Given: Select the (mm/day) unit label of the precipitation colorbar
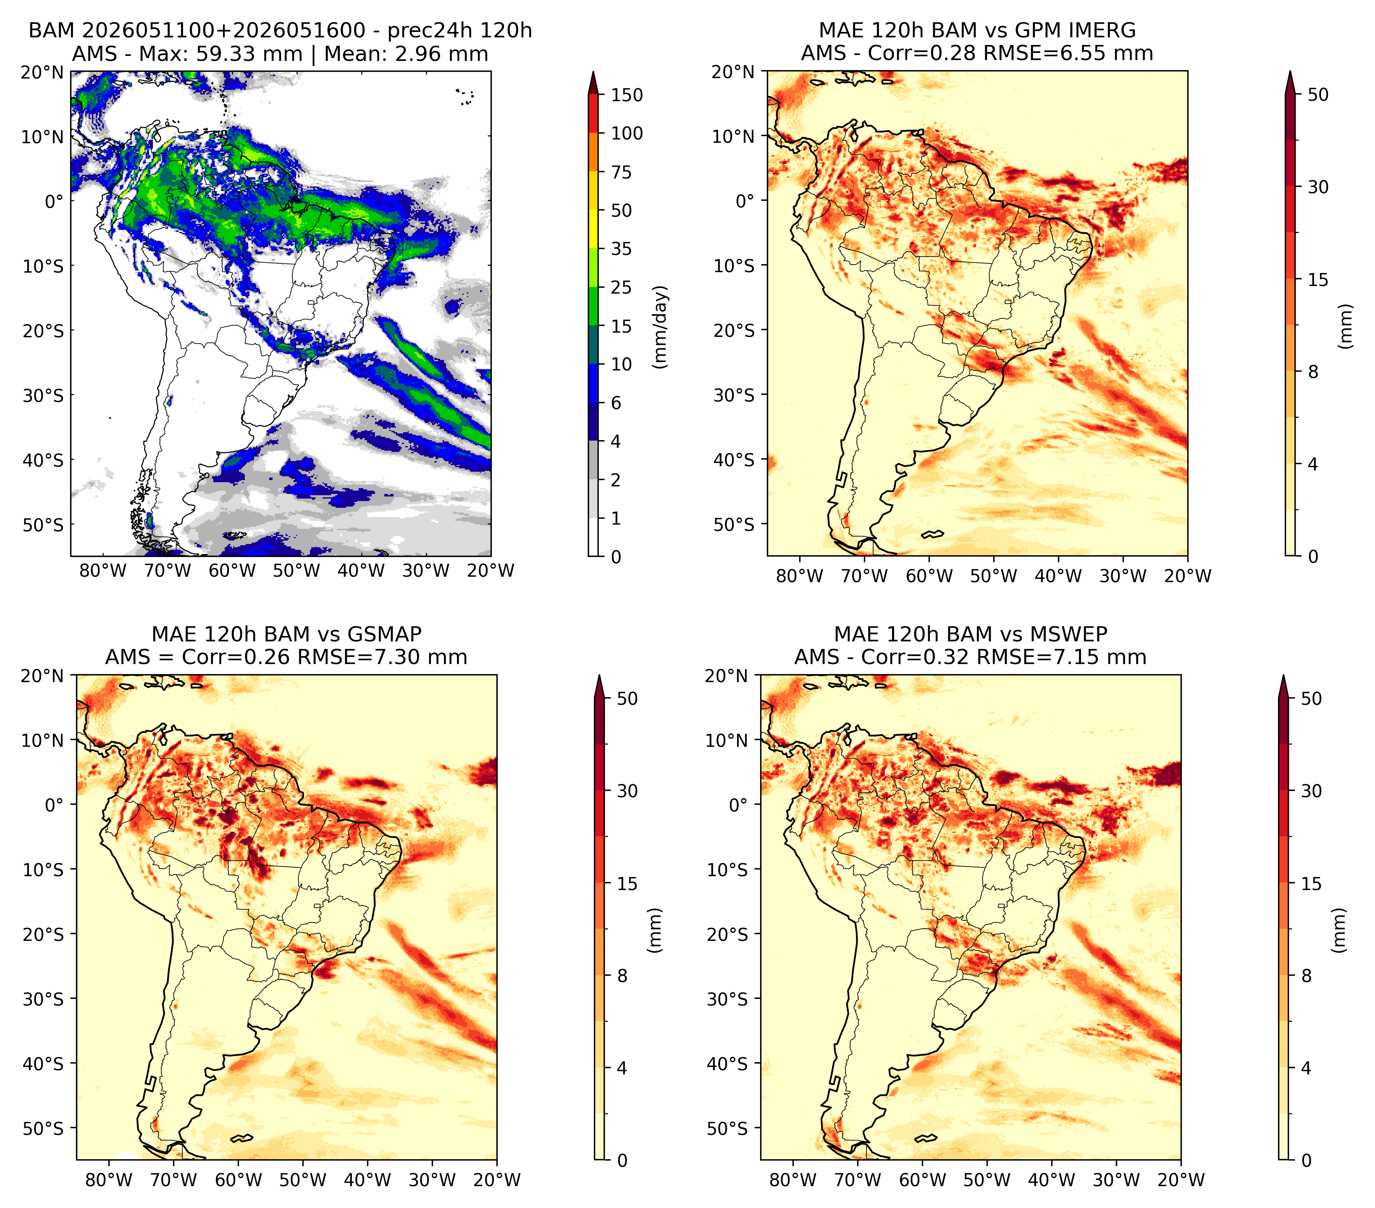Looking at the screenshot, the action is [661, 327].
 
